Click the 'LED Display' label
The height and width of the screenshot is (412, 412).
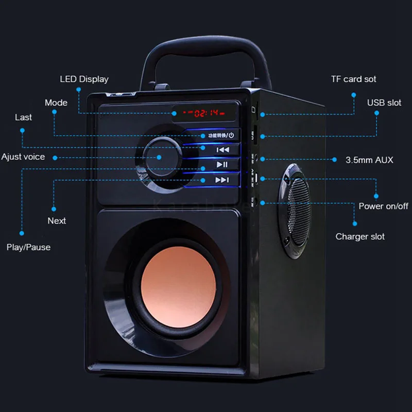click(x=84, y=79)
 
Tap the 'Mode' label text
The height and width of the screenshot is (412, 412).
click(x=56, y=103)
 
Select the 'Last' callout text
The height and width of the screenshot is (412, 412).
click(x=23, y=117)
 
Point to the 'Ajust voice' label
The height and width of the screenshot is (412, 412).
click(x=23, y=157)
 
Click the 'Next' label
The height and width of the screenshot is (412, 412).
click(x=57, y=220)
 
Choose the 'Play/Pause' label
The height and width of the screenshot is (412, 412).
click(x=28, y=247)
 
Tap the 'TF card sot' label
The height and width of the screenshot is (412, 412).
click(x=353, y=79)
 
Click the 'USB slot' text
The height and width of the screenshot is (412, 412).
click(x=384, y=102)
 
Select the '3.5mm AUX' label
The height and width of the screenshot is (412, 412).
click(x=369, y=160)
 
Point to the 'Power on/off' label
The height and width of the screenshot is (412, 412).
click(x=383, y=206)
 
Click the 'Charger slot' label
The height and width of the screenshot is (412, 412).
click(x=360, y=237)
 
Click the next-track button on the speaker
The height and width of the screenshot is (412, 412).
click(x=221, y=180)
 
